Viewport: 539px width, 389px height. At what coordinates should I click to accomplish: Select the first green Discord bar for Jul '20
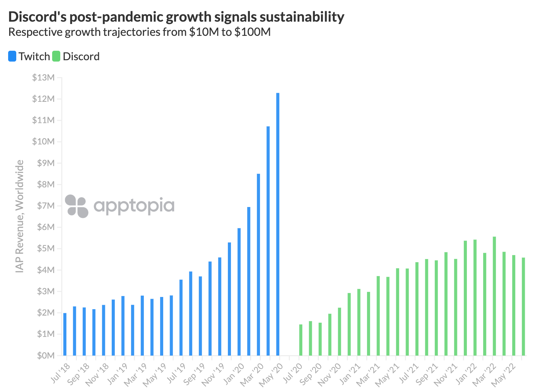click(301, 340)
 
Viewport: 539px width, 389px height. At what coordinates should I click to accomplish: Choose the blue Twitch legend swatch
click(12, 56)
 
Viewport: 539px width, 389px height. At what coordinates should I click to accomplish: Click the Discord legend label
click(81, 56)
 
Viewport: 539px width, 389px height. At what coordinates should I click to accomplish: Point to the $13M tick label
click(43, 77)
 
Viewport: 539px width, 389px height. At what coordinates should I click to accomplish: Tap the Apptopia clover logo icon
click(77, 206)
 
